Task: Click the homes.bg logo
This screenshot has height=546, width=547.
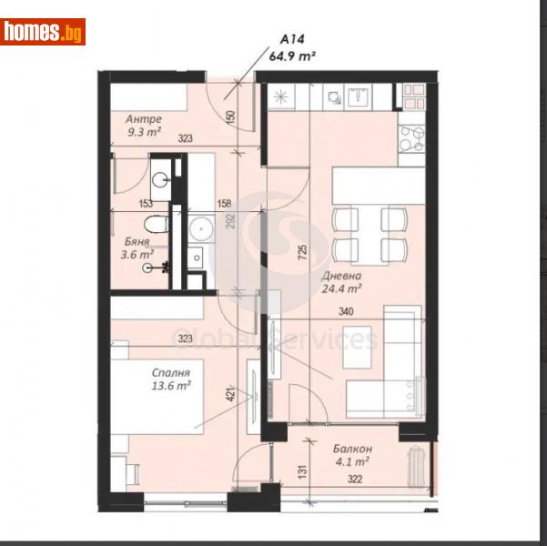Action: [43, 32]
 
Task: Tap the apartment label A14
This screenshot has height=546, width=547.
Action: [292, 40]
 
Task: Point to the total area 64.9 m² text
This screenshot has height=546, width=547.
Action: [292, 56]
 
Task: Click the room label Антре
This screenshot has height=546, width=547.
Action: [144, 119]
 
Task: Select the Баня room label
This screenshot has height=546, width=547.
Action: [137, 242]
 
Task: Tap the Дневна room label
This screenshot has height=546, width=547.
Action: [341, 277]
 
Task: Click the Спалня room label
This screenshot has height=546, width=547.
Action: [171, 372]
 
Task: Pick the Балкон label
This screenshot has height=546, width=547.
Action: [351, 450]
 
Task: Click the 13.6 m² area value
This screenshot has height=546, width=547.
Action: [171, 386]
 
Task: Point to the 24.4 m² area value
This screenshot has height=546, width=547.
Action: [341, 290]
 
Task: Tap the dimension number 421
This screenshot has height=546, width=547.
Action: [233, 394]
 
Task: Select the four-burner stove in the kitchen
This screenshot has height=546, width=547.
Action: [410, 137]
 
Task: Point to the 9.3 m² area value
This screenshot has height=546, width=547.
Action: [144, 133]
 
